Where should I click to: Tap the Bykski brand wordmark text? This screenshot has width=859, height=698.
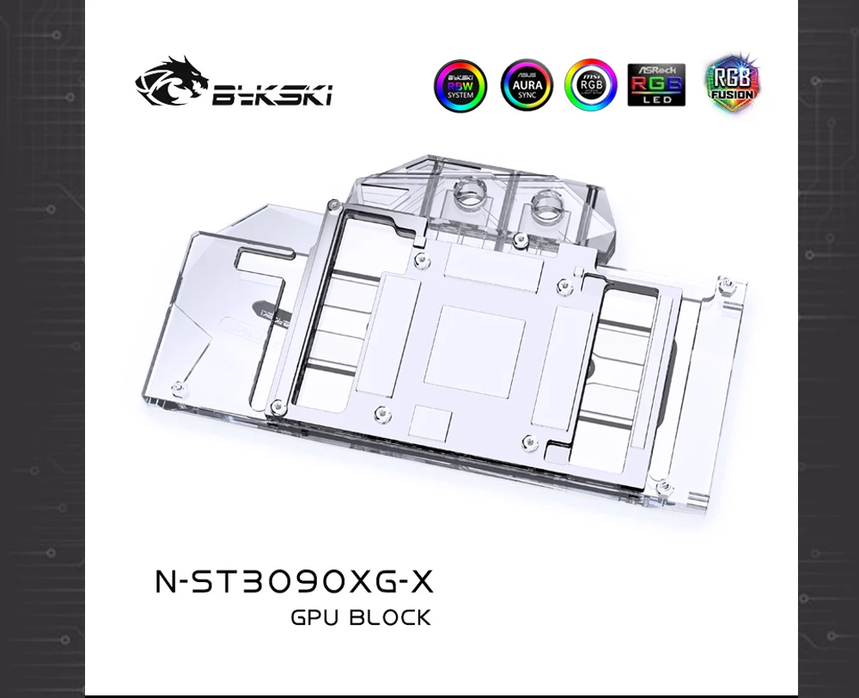point(271,95)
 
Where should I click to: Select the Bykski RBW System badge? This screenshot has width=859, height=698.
point(460,86)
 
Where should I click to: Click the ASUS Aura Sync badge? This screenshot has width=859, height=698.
point(527,86)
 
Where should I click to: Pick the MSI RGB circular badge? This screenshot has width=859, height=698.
point(591,86)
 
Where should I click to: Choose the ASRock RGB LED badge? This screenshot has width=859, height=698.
point(656,85)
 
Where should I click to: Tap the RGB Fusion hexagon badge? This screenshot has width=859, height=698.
point(733,84)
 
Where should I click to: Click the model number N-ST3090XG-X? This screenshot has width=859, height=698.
point(294,582)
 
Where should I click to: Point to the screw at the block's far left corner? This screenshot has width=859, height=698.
point(177,387)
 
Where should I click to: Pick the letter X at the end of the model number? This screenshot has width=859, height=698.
point(420,582)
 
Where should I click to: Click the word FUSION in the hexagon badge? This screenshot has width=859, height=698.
point(733,94)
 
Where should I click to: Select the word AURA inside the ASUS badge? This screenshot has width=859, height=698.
point(527,86)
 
